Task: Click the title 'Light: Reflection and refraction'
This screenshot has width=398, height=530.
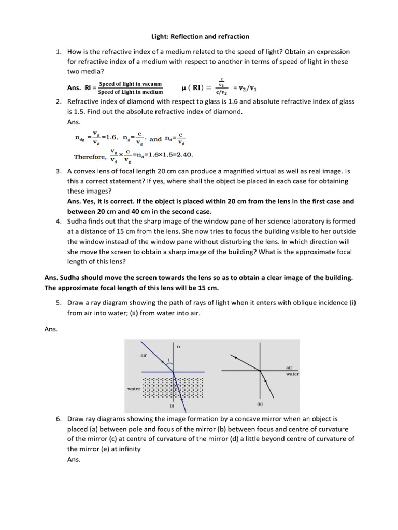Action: (199, 37)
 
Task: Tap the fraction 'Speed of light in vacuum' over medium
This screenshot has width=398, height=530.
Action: (130, 88)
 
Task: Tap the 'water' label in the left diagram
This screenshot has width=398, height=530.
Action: (134, 388)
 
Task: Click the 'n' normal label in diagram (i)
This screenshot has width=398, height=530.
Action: (178, 346)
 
